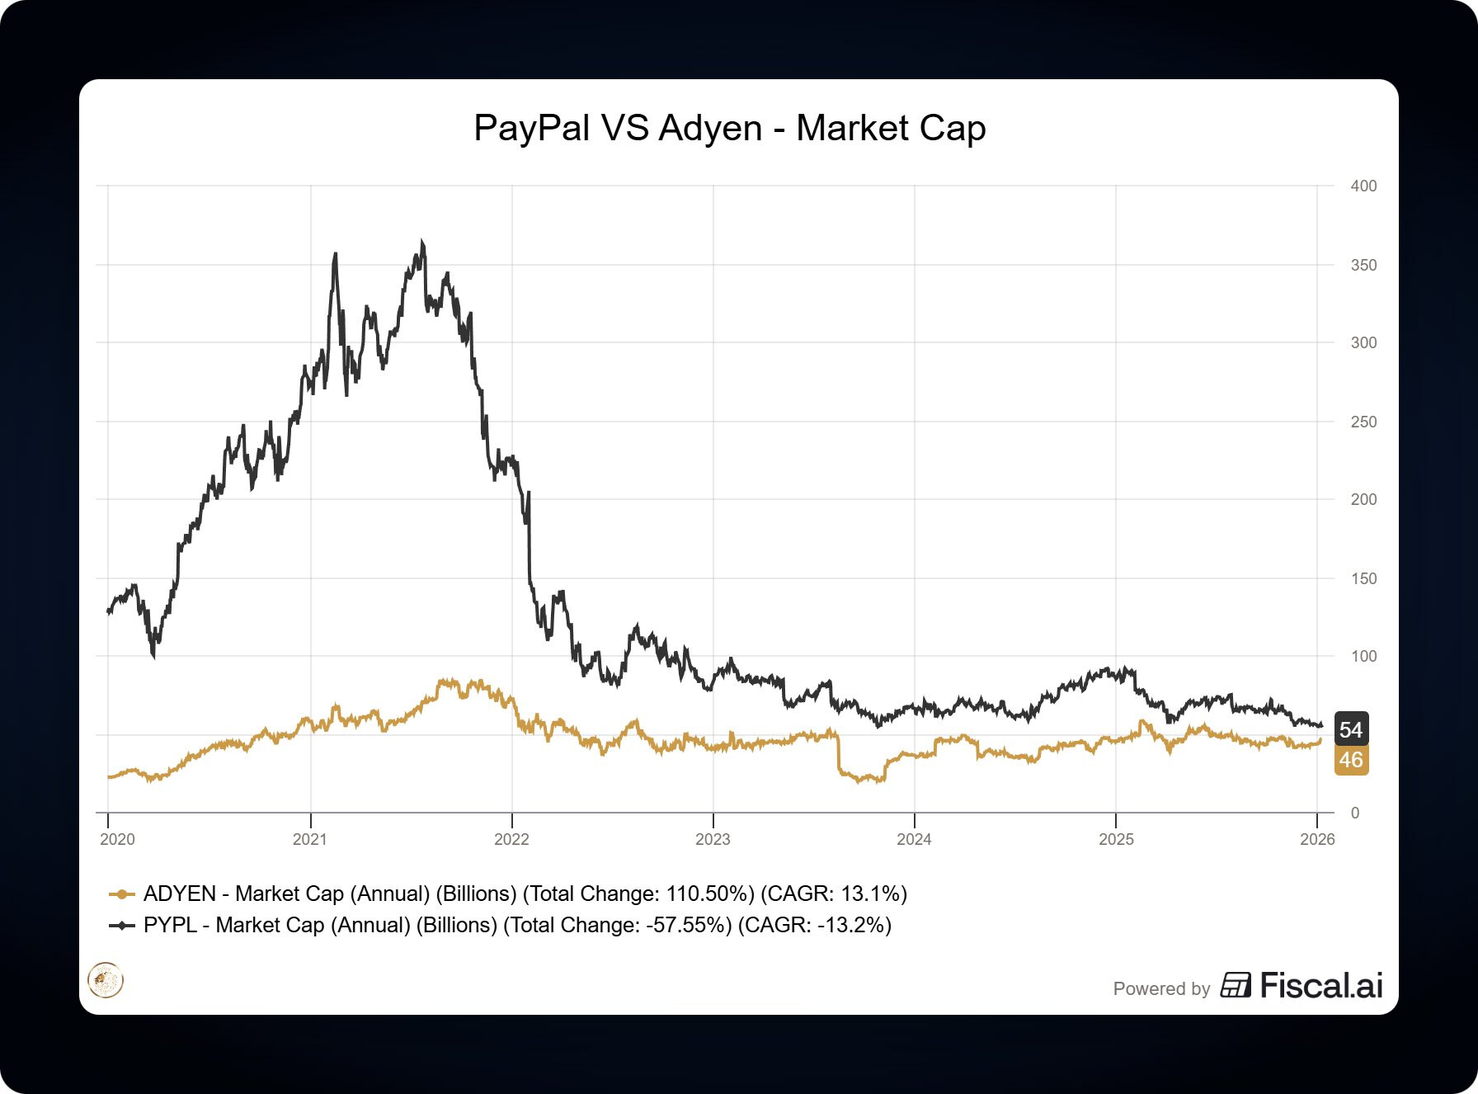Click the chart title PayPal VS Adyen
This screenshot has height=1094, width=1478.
(729, 129)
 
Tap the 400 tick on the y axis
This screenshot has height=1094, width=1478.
(1363, 186)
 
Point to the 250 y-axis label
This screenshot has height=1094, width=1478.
(1363, 422)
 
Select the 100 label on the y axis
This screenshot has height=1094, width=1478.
(1363, 657)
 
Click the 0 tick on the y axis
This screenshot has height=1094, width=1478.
(1355, 813)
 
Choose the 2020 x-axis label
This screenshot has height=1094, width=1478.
(117, 839)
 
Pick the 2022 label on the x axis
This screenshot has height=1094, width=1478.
(511, 839)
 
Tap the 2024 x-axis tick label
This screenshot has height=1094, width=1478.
(914, 839)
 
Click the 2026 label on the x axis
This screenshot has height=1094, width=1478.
(1317, 839)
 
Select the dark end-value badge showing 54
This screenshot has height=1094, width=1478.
(1351, 729)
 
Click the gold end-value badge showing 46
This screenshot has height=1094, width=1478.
(1351, 760)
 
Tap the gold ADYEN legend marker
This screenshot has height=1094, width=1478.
(121, 894)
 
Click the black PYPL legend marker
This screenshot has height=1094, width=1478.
(121, 926)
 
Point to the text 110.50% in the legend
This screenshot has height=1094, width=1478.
(709, 894)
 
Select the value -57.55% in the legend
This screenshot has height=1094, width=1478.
(688, 926)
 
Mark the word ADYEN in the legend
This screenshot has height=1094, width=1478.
(179, 894)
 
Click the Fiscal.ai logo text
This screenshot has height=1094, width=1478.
(1320, 986)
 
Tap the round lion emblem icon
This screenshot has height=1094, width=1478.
(106, 981)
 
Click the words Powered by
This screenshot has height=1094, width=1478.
(1161, 988)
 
